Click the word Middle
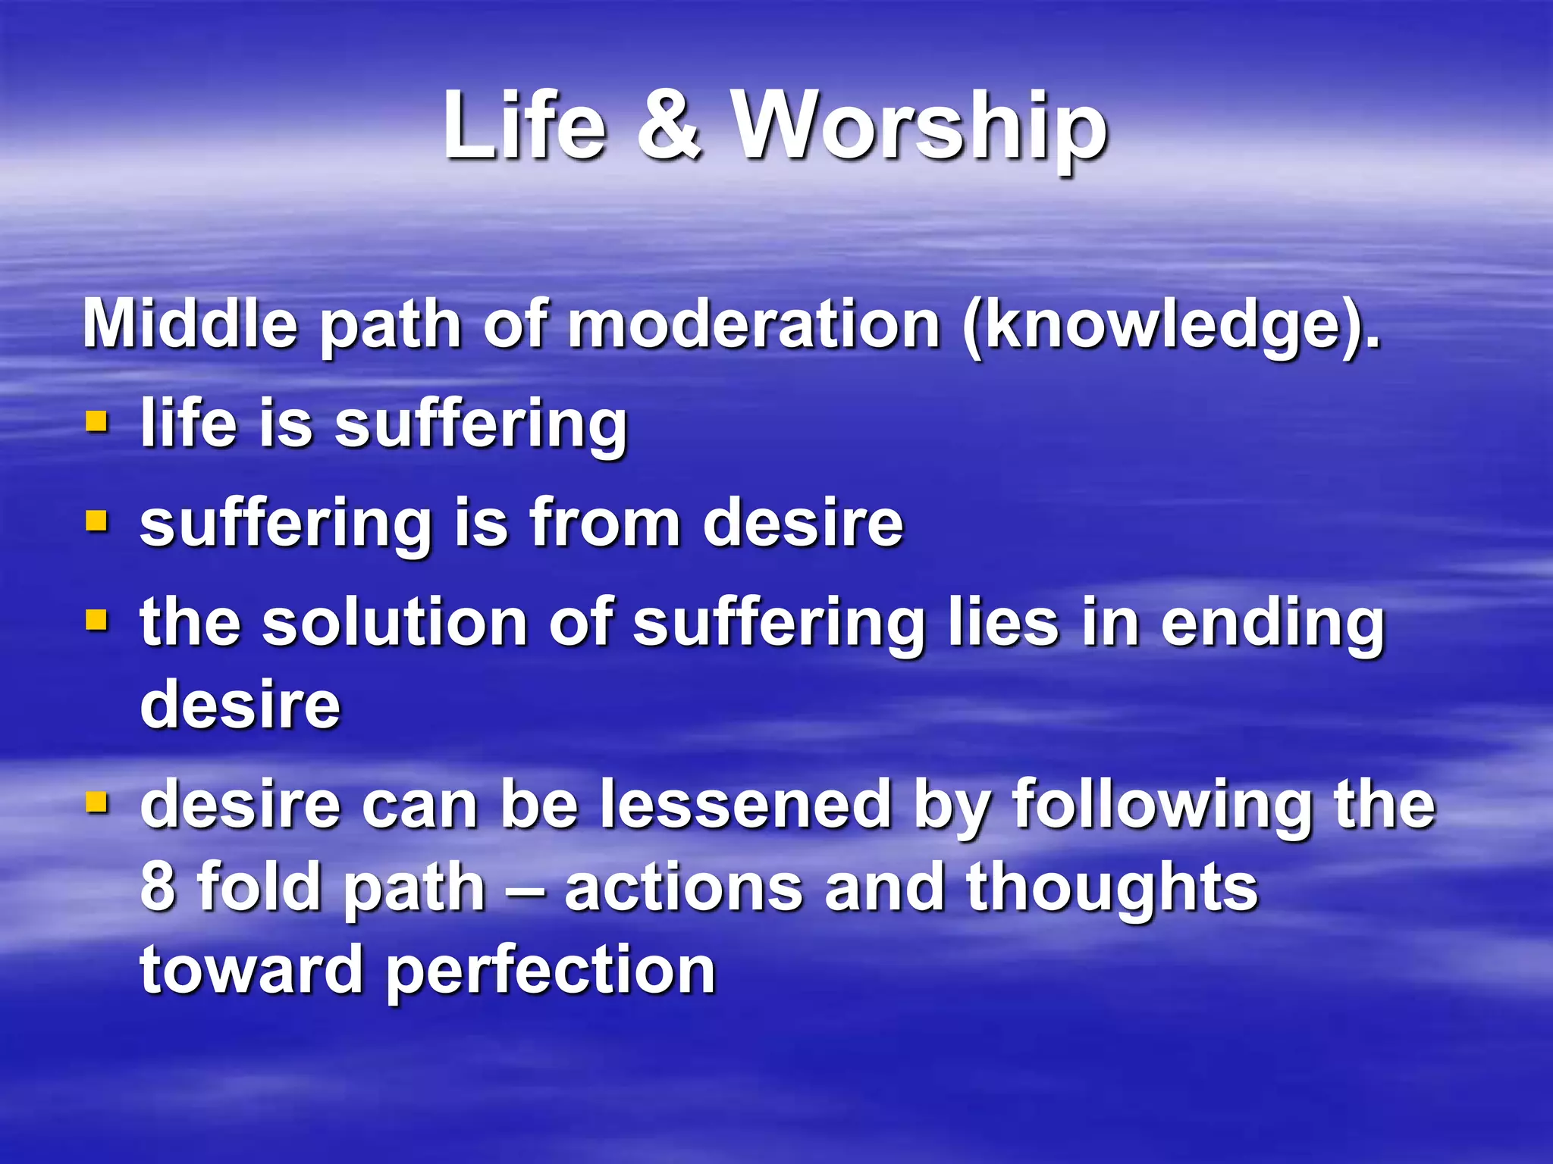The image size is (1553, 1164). tap(190, 324)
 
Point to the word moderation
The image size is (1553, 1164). tap(755, 324)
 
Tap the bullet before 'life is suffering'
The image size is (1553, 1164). tap(97, 421)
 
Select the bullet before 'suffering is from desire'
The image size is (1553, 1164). tap(97, 521)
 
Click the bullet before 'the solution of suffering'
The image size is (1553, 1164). tap(97, 621)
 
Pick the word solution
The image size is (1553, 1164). tap(394, 623)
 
